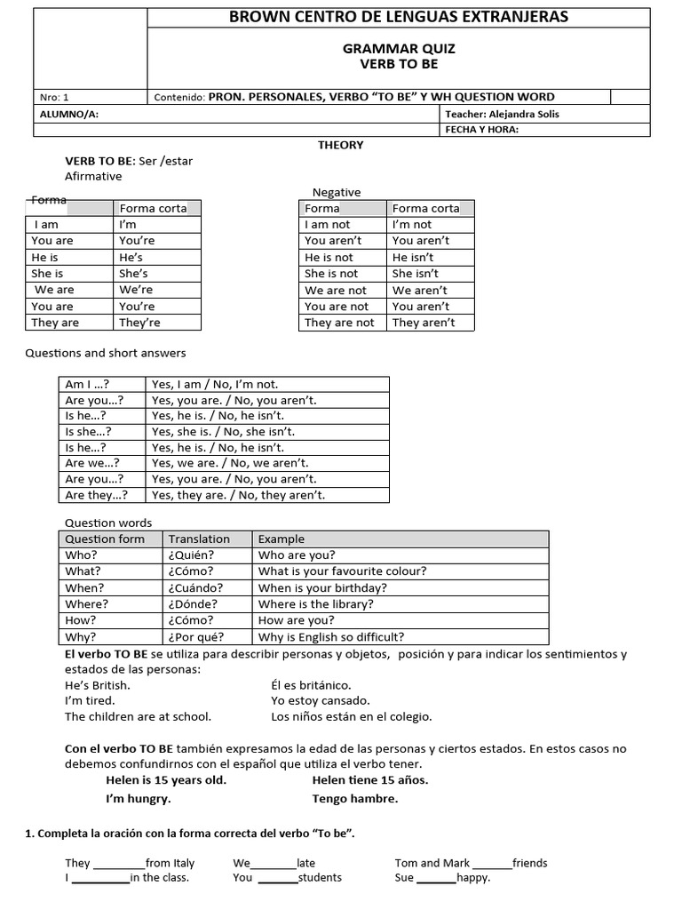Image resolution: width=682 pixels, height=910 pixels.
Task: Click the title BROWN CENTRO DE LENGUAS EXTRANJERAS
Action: tap(399, 17)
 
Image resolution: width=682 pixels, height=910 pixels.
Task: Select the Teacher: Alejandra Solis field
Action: tap(501, 115)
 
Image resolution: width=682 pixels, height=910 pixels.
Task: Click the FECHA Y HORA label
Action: tap(480, 130)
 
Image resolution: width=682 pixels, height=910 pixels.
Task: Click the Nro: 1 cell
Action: tap(54, 98)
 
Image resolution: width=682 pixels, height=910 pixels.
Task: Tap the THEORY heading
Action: tap(341, 145)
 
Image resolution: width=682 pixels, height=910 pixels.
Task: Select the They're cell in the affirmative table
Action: tap(139, 323)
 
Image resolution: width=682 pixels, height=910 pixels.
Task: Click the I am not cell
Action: tap(328, 225)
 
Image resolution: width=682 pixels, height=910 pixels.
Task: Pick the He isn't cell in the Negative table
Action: tap(416, 258)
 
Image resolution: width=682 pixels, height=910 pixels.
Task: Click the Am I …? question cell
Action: tap(86, 385)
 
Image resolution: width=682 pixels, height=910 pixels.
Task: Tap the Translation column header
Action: tap(199, 539)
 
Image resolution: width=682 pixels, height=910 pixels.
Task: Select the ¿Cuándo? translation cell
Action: tap(195, 588)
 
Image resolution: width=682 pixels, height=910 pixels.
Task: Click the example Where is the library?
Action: tap(315, 604)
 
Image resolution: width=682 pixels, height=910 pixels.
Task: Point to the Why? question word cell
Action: tap(81, 637)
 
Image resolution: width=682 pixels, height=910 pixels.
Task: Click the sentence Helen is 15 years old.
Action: tap(165, 780)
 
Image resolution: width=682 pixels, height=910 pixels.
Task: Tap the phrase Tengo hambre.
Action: tap(355, 798)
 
